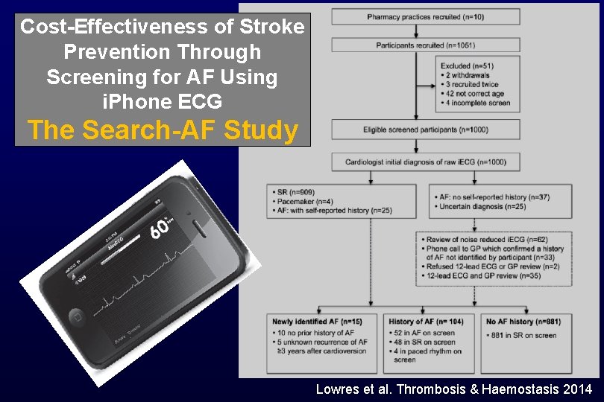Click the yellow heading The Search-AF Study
coord(163,130)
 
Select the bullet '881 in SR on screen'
coord(526,336)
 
